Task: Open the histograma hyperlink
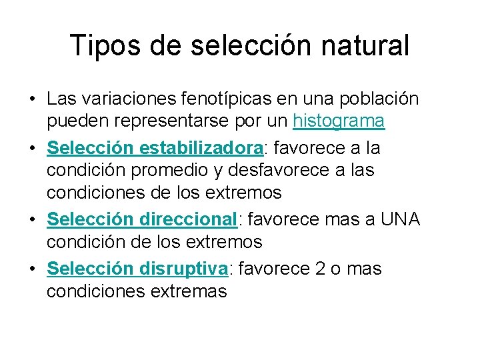click(339, 121)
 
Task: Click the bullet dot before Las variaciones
click(32, 99)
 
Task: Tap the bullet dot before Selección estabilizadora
click(32, 147)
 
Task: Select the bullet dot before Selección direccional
click(32, 220)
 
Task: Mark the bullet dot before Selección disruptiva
click(32, 269)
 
